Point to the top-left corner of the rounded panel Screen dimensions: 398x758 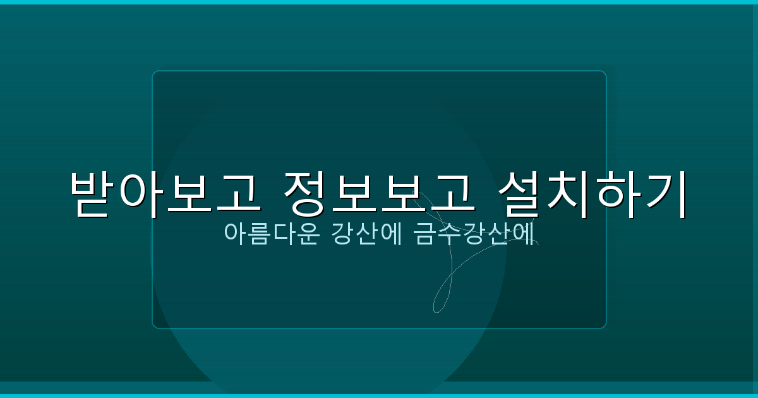point(153,72)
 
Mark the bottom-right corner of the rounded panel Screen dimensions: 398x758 point(605,327)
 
